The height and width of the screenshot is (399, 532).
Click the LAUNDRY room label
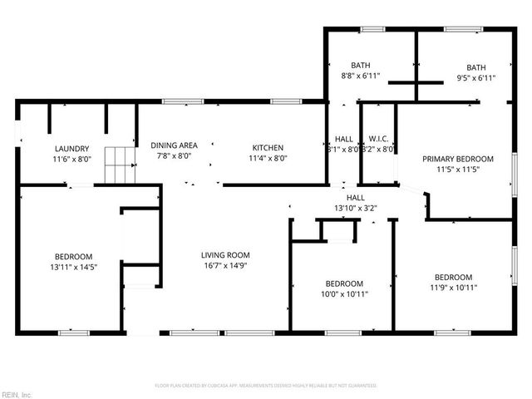click(71, 149)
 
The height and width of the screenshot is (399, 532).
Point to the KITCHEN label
click(268, 147)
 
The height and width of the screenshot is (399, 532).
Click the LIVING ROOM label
click(225, 255)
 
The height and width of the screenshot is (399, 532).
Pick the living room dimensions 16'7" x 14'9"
click(225, 266)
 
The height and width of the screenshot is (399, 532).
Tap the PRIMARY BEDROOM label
click(458, 159)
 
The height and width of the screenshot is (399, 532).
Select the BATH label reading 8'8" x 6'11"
click(360, 66)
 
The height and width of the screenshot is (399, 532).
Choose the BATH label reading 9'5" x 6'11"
click(476, 67)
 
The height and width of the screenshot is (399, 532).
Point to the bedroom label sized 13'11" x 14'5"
click(74, 257)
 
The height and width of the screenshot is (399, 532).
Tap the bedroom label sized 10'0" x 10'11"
click(344, 283)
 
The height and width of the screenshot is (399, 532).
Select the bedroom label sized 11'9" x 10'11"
click(453, 278)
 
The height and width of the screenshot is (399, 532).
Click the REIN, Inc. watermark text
click(17, 393)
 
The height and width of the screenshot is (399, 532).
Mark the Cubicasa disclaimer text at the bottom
click(266, 386)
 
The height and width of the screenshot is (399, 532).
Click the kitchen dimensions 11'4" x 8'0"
click(268, 157)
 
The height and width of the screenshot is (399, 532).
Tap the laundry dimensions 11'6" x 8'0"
click(71, 159)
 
